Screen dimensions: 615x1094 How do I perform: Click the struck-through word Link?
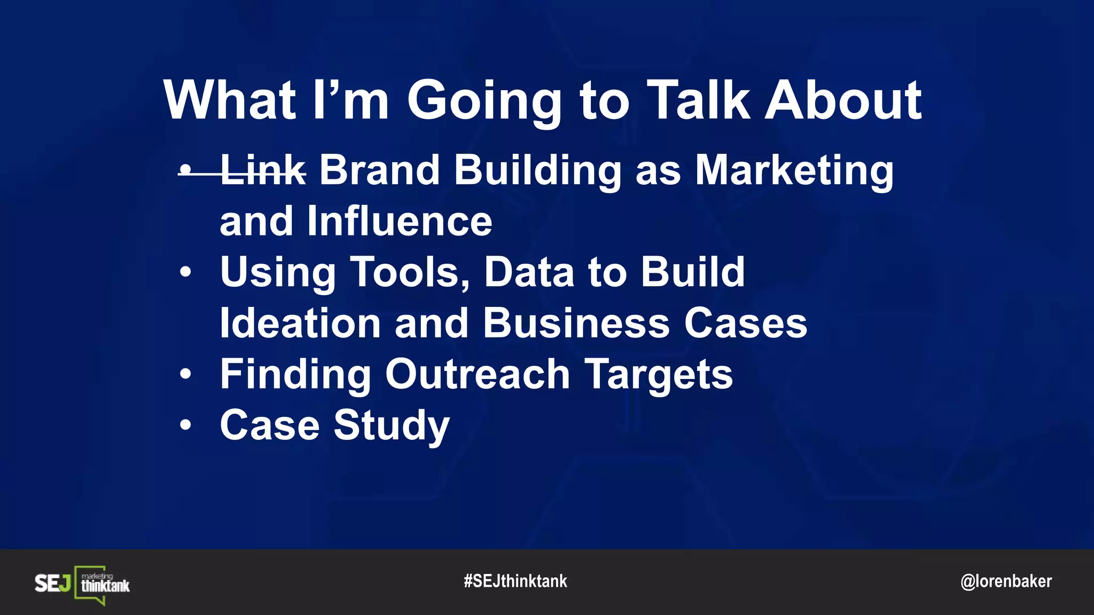tap(263, 170)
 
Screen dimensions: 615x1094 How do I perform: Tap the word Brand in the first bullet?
tap(379, 170)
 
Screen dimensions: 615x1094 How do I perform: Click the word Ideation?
tap(300, 324)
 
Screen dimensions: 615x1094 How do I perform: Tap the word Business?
tap(576, 324)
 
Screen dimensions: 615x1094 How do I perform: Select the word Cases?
tap(746, 324)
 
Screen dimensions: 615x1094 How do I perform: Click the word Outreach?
tap(478, 374)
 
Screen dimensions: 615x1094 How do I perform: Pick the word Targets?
tap(659, 375)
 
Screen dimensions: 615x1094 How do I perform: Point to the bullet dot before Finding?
tap(185, 374)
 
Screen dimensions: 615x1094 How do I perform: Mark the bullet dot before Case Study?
tap(185, 425)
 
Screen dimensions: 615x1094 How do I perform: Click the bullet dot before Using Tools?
tap(185, 272)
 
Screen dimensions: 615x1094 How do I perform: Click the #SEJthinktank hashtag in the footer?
tap(515, 581)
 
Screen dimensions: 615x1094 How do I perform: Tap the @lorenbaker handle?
tap(1006, 581)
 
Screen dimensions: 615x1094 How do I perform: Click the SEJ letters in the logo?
tap(52, 583)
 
